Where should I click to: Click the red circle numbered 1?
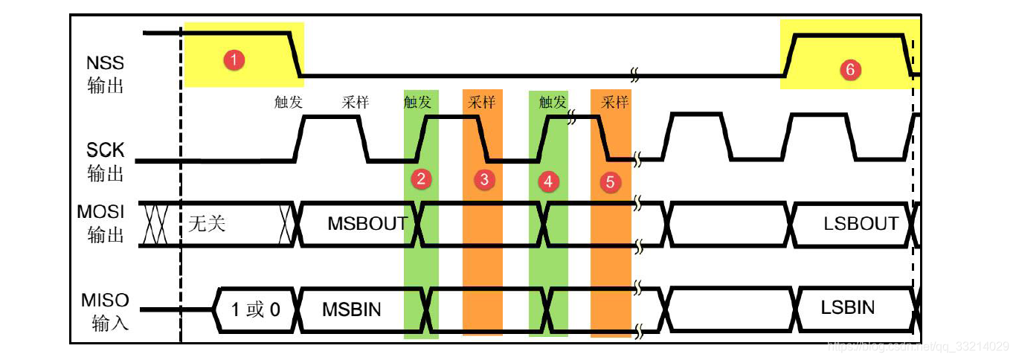click(x=234, y=60)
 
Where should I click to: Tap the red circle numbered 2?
click(x=421, y=179)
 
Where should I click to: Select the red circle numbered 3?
click(x=484, y=179)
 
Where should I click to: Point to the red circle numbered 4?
click(x=548, y=181)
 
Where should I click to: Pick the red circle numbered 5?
click(x=610, y=181)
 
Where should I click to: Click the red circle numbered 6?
click(x=850, y=70)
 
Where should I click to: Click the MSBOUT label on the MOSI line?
click(x=367, y=223)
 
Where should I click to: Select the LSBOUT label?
click(x=861, y=223)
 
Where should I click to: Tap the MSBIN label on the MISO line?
click(x=352, y=309)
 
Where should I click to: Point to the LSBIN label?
click(x=848, y=308)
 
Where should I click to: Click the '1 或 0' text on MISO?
click(x=255, y=309)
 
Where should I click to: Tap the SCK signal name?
click(x=106, y=152)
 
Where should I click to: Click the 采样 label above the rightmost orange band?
click(x=615, y=103)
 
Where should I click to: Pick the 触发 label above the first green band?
click(x=417, y=103)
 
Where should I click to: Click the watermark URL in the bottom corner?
click(x=919, y=347)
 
